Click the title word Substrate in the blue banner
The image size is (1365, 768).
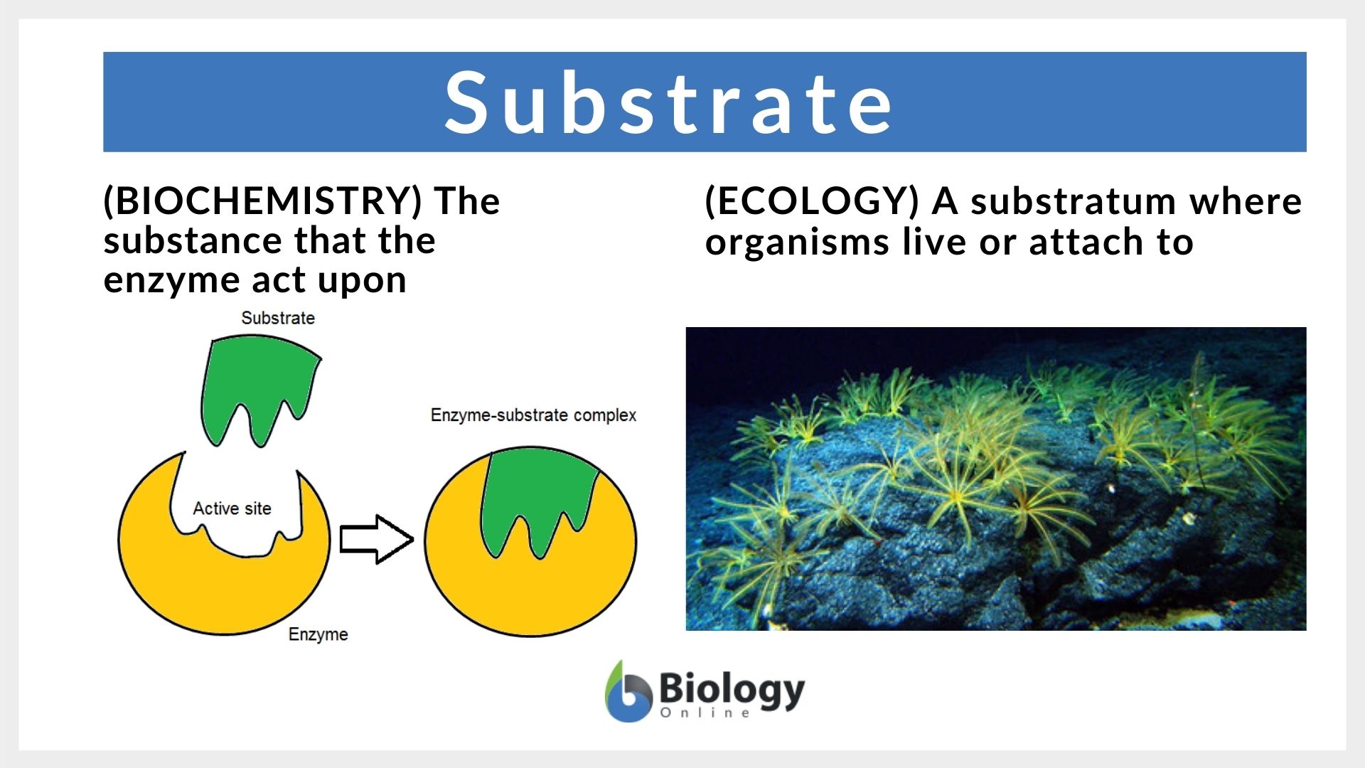pyautogui.click(x=668, y=102)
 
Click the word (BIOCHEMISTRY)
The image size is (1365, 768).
pyautogui.click(x=263, y=201)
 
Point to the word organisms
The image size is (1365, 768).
pyautogui.click(x=797, y=243)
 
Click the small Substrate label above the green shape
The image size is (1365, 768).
pyautogui.click(x=277, y=318)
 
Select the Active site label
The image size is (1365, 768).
pyautogui.click(x=232, y=508)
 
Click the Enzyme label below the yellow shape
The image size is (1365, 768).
pyautogui.click(x=318, y=634)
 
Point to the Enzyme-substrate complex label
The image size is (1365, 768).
pyautogui.click(x=533, y=415)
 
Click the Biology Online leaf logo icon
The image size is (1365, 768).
pyautogui.click(x=627, y=693)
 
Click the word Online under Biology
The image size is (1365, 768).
pyautogui.click(x=705, y=713)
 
